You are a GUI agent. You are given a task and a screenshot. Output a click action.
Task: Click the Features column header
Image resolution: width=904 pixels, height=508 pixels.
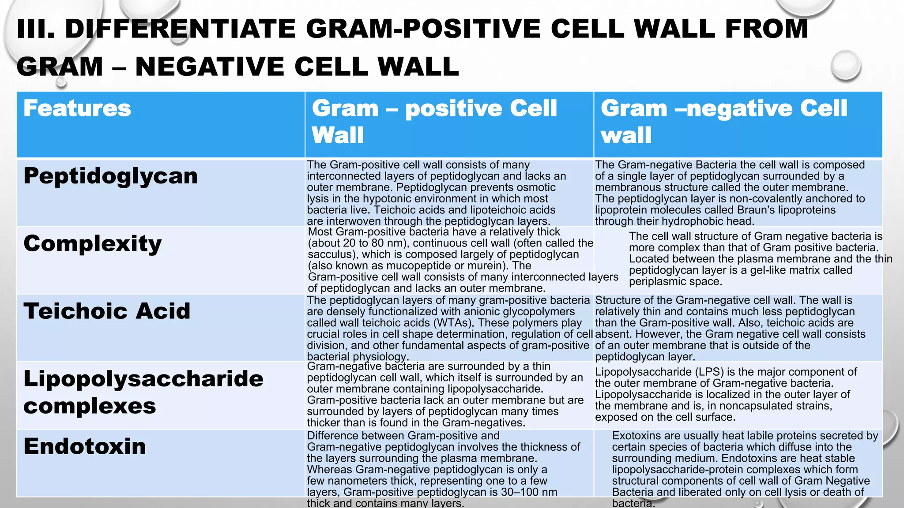coord(77,108)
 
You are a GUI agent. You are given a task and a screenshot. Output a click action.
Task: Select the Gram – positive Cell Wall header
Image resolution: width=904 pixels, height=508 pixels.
coord(434,121)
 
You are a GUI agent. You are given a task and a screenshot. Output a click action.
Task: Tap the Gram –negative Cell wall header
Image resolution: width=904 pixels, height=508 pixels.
coord(723,121)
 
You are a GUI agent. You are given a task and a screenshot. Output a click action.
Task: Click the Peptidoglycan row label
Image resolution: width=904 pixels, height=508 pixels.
coord(110,176)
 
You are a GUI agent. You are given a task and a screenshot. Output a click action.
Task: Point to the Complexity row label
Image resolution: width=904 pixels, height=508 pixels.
coord(93,243)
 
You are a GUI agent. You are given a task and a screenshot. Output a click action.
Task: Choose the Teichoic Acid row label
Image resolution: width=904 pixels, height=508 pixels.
coord(107,311)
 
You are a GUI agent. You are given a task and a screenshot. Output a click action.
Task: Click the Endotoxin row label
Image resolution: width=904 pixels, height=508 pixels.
coord(85,446)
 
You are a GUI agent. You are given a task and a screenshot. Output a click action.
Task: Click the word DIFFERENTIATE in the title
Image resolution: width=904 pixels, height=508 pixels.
coord(180,29)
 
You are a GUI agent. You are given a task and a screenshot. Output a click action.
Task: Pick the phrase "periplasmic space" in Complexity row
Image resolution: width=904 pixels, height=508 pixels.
coord(675,281)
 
